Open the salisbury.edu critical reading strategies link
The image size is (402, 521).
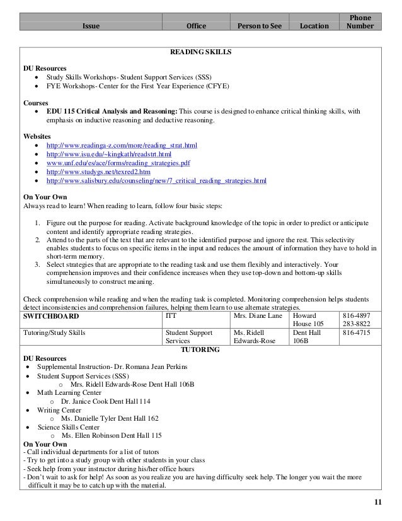(157, 181)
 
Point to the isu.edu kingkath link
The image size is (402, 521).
(113, 155)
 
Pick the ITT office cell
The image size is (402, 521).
(171, 314)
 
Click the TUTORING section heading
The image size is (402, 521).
(200, 349)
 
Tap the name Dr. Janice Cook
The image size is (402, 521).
(85, 401)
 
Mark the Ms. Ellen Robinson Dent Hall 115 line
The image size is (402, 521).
(112, 435)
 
